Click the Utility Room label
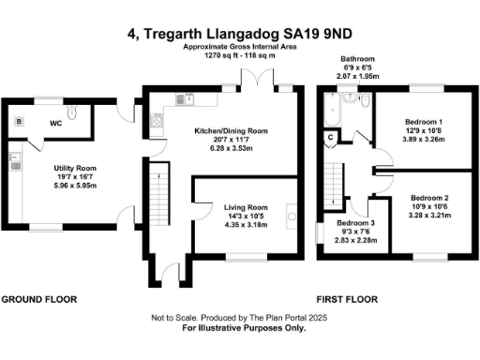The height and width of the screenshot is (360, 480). coord(74,168)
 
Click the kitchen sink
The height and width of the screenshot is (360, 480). coord(187,97)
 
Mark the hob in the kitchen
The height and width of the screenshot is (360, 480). coord(155,120)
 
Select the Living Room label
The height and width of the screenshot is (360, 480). coord(245,207)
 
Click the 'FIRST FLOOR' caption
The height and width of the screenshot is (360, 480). coord(347,300)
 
